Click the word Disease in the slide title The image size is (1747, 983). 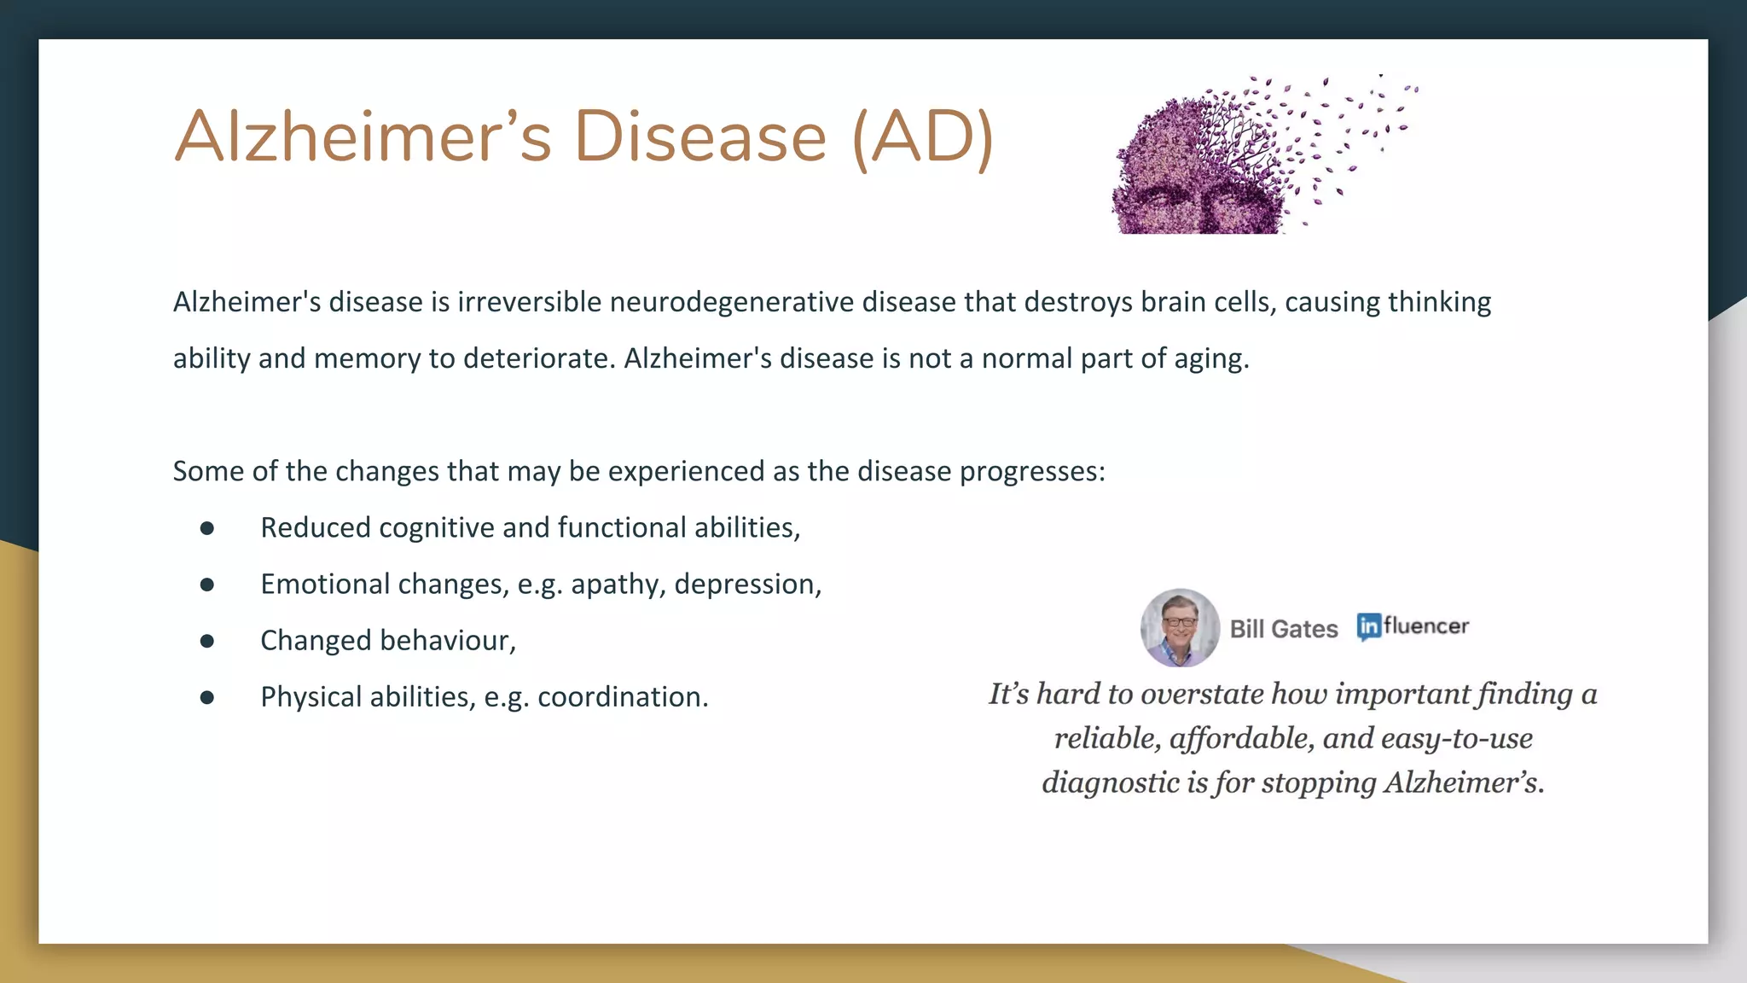pos(699,137)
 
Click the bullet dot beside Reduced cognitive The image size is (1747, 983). pos(207,528)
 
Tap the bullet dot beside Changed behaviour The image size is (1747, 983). pos(207,641)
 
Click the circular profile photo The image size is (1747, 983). pos(1180,628)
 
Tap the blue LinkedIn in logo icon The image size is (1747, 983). pos(1368,627)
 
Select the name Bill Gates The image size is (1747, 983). pos(1284,629)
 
